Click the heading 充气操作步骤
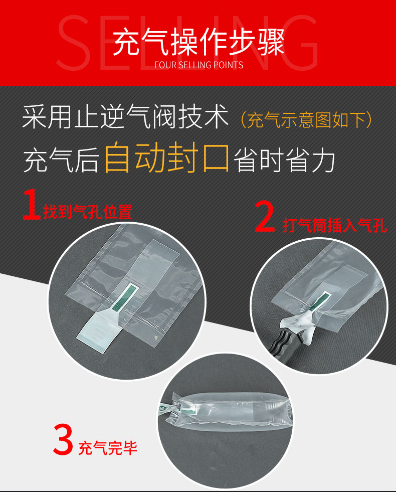(x=199, y=42)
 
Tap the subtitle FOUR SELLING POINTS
(x=199, y=65)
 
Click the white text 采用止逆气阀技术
(x=125, y=117)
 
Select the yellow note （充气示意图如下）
(x=306, y=120)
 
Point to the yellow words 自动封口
(x=166, y=157)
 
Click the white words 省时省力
(x=284, y=160)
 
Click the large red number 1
(x=32, y=204)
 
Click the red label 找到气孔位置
(x=88, y=212)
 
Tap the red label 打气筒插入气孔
(x=334, y=225)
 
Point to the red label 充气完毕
(x=108, y=448)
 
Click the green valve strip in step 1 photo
(x=125, y=297)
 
